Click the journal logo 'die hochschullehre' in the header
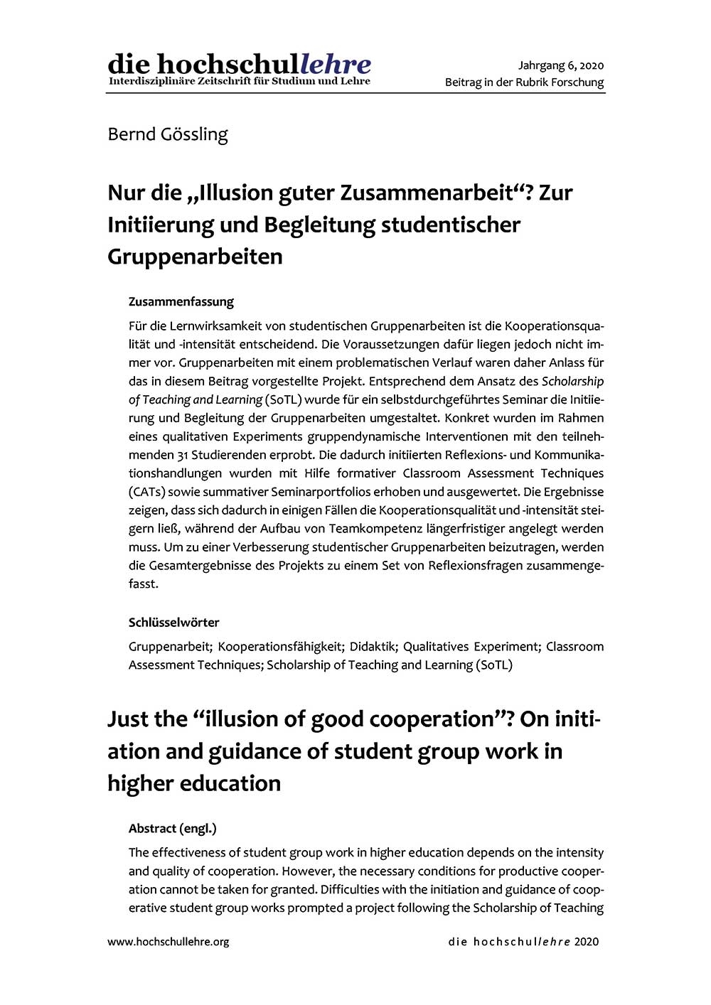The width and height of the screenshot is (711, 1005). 239,64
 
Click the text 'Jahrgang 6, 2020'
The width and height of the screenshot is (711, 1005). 560,65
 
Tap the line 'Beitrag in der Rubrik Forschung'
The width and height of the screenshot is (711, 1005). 524,82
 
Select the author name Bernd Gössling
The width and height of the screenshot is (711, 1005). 168,134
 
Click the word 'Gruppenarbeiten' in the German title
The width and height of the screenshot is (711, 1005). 195,257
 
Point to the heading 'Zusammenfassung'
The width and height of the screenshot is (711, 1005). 181,301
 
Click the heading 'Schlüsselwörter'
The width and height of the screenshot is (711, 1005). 173,622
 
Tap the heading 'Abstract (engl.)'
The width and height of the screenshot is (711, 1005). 172,828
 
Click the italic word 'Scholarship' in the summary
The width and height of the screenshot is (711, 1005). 572,382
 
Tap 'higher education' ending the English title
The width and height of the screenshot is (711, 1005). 194,783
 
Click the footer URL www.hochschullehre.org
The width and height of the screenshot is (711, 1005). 168,942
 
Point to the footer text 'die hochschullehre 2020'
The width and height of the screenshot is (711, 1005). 523,942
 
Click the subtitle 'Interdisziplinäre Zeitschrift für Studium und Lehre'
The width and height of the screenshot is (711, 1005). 239,81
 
